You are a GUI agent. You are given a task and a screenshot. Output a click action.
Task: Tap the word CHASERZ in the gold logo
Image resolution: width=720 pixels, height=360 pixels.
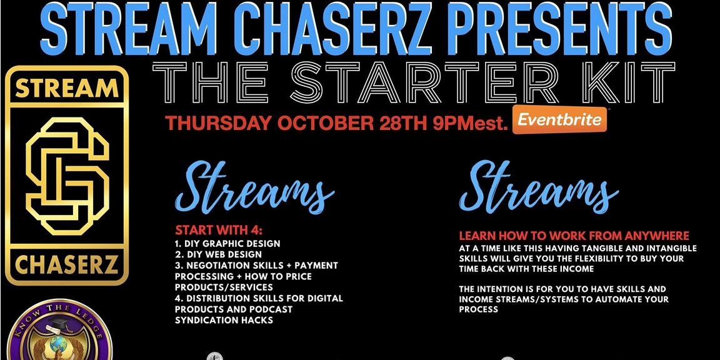(x=67, y=264)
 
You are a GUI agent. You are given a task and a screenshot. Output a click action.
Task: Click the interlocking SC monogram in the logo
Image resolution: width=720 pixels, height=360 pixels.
(x=67, y=176)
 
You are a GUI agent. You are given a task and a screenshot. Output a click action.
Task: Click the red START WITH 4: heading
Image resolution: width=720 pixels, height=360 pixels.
(x=219, y=229)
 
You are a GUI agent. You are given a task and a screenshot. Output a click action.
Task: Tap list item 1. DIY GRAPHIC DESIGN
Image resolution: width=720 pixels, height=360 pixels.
(x=227, y=243)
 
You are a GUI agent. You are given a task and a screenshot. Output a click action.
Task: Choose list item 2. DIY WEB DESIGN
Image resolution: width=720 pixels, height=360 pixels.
(x=219, y=254)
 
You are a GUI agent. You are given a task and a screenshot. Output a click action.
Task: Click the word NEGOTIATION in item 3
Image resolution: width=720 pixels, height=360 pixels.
(x=219, y=266)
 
